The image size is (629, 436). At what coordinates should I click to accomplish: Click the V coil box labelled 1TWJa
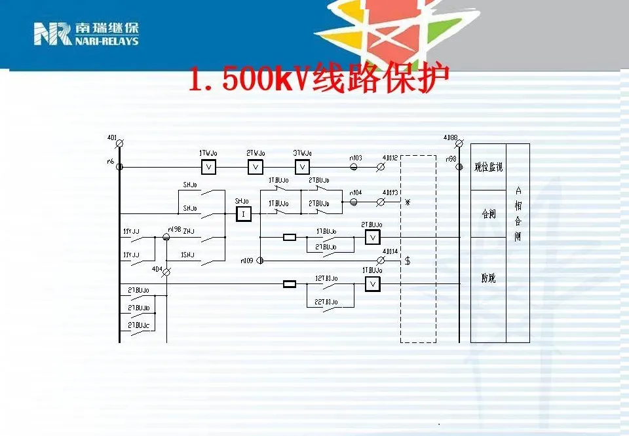point(208,167)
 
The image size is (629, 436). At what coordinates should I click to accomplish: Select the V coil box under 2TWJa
point(256,167)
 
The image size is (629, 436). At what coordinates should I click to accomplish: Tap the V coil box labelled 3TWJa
point(303,167)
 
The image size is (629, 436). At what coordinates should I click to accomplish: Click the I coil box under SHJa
point(243,214)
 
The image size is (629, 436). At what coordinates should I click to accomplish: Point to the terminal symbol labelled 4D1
point(119,143)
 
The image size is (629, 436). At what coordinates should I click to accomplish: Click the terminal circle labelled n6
point(119,167)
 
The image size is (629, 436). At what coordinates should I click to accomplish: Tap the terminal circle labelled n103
point(354,167)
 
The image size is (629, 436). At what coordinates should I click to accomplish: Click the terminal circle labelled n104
point(354,202)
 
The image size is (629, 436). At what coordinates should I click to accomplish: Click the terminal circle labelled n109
point(260,261)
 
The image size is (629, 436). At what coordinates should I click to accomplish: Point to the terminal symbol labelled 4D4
point(166,271)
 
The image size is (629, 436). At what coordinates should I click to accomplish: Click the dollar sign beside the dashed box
point(408,261)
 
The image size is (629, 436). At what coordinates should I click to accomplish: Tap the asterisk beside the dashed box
point(408,202)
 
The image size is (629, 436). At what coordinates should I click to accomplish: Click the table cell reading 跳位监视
point(488,167)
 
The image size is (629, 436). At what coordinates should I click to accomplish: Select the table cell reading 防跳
point(488,279)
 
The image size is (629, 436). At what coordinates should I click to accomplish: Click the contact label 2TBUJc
point(139,325)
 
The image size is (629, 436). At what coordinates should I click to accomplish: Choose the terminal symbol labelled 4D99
point(459,143)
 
